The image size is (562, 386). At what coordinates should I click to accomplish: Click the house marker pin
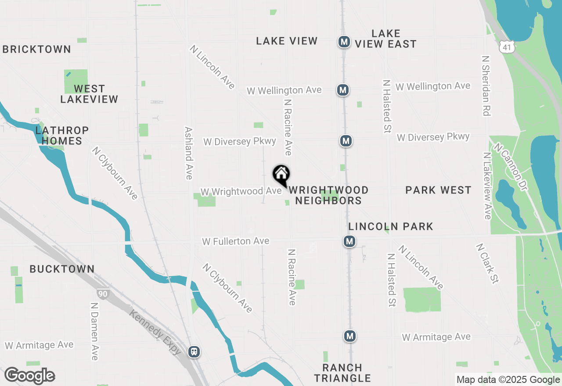[x=281, y=175]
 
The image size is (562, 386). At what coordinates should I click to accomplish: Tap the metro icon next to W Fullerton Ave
[x=349, y=241]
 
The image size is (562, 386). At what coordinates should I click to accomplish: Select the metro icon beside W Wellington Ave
[x=342, y=90]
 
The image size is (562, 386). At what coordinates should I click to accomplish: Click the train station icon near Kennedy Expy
[x=194, y=352]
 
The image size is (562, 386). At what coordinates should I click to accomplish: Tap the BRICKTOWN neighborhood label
[x=37, y=49]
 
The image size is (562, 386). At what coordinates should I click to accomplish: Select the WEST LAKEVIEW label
[x=89, y=94]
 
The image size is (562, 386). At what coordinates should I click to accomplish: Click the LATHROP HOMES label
[x=62, y=136]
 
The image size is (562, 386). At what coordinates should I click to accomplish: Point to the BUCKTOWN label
[x=62, y=269]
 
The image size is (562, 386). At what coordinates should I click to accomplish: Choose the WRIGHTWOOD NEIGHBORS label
[x=328, y=195]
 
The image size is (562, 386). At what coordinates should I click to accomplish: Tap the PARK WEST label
[x=438, y=190]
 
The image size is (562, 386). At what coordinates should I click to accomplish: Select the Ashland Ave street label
[x=189, y=153]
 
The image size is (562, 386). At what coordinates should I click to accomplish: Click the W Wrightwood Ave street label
[x=241, y=192]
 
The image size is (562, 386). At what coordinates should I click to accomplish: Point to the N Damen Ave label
[x=94, y=331]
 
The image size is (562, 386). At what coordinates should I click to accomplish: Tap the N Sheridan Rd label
[x=485, y=86]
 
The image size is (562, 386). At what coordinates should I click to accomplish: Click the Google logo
[x=29, y=376]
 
